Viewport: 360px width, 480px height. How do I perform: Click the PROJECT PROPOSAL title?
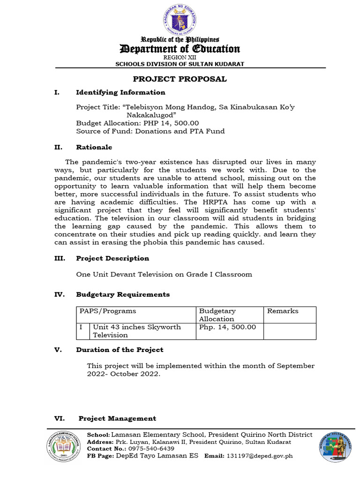pos(180,79)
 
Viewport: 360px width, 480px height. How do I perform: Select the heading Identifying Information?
pos(120,92)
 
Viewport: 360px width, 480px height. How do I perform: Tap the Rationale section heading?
pos(94,147)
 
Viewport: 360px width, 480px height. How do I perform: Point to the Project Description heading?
pos(112,258)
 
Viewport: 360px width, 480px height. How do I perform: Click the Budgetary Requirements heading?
pos(123,294)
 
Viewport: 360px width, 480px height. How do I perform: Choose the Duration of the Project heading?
pos(120,350)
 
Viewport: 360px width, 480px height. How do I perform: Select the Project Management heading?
pos(117,418)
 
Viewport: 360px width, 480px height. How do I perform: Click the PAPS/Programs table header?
pos(108,311)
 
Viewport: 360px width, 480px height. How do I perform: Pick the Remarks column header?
pos(283,311)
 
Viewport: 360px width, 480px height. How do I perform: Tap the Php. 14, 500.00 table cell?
pos(228,327)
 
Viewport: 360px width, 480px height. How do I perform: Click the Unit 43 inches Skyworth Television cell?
pos(137,331)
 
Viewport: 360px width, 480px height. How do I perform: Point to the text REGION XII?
pos(180,57)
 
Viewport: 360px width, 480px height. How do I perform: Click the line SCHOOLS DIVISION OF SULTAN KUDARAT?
pos(180,64)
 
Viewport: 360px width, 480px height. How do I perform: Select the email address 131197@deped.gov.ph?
pos(260,456)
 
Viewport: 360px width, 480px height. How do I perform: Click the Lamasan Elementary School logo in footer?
pos(63,449)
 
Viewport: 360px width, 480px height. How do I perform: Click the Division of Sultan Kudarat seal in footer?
pos(336,448)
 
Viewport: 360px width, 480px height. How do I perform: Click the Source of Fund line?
pos(150,131)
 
